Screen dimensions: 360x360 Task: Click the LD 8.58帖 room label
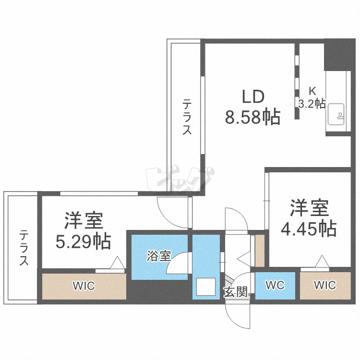252,108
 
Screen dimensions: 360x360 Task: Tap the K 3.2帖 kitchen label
312,97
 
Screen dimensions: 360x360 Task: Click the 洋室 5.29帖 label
84,230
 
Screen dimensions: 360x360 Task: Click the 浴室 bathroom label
158,256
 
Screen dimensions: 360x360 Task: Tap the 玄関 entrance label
236,291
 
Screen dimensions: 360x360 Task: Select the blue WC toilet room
275,286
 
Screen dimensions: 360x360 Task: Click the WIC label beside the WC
325,286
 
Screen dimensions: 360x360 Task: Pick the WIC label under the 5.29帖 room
84,287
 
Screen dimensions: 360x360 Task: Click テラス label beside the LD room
187,117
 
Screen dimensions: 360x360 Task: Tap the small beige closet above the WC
259,249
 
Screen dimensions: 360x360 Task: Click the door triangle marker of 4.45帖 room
321,263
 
